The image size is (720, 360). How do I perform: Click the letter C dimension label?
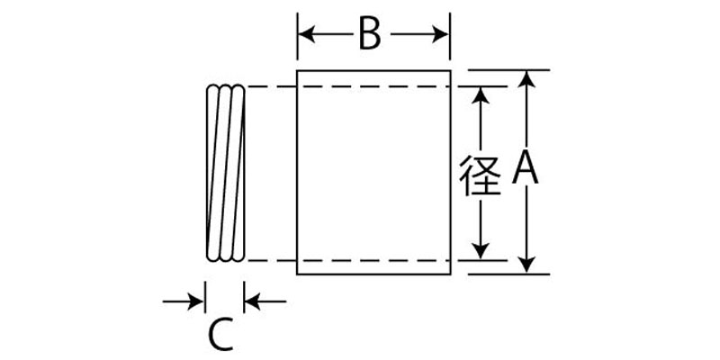220,336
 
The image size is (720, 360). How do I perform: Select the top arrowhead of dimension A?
529,78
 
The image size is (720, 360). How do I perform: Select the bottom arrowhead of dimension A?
529,263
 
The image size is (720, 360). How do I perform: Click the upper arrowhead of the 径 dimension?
482,94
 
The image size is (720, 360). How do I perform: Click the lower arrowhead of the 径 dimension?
482,250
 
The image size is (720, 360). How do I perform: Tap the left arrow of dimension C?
197,301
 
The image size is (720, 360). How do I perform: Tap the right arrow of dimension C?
253,301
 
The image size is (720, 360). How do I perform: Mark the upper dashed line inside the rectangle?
373,86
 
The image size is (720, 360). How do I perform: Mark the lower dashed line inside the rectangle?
373,260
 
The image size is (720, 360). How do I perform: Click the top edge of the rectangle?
373,69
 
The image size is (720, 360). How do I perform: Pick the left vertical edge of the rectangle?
297,171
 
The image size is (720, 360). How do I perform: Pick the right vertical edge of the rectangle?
449,171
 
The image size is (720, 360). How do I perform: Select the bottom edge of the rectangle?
373,274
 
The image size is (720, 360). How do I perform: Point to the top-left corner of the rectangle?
297,69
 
